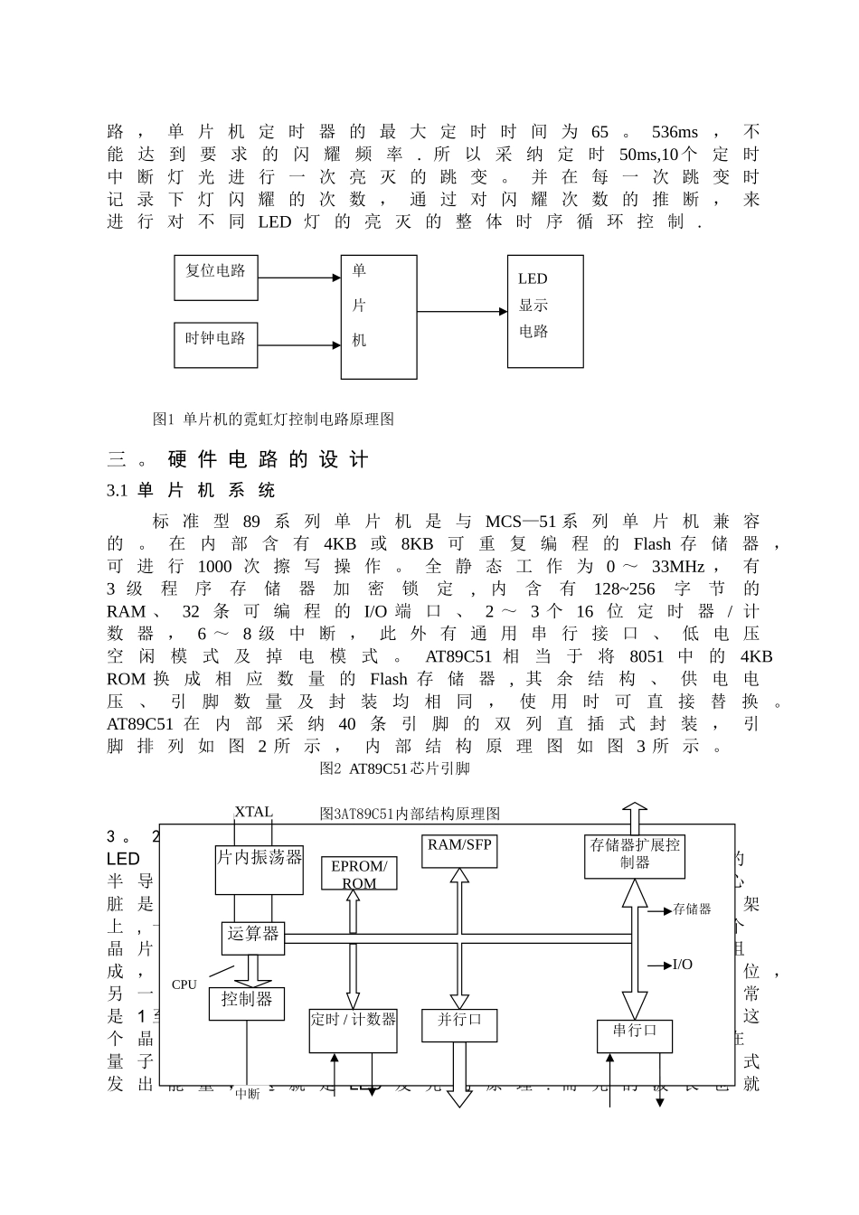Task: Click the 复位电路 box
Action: [215, 278]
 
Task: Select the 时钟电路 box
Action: [215, 344]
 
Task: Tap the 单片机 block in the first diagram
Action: [378, 316]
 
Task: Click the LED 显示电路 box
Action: [544, 311]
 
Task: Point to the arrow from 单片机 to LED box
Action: [461, 312]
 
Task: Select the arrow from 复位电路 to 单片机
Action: [298, 279]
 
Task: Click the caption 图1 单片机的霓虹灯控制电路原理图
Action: [273, 419]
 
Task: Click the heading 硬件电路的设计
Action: [268, 460]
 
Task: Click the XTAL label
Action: [253, 812]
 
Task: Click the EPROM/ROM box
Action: [359, 873]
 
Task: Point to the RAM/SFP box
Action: [459, 851]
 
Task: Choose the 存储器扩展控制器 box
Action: [634, 855]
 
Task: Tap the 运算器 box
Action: [253, 937]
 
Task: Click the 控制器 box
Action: [246, 1003]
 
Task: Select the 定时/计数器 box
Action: [353, 1030]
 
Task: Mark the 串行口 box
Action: [635, 1036]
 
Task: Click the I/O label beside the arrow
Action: [683, 965]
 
